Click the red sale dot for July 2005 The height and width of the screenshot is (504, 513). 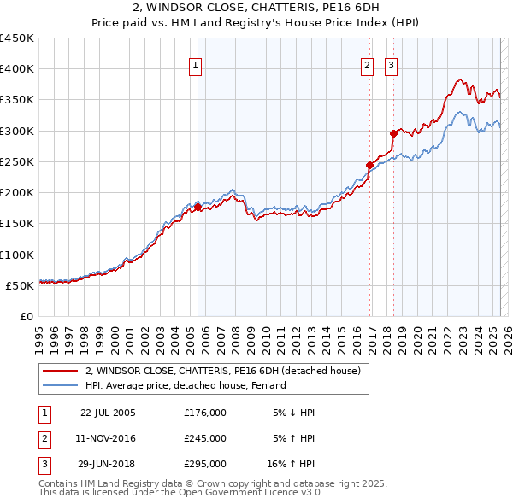tap(198, 207)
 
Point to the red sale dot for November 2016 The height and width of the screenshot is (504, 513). tap(370, 165)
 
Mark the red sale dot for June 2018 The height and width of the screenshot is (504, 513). tap(394, 133)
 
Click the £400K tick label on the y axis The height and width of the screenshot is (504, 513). tap(17, 69)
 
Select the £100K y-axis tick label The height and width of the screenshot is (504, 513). tap(17, 255)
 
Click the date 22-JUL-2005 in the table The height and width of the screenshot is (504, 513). tap(108, 413)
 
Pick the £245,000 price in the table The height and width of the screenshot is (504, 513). tap(205, 438)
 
